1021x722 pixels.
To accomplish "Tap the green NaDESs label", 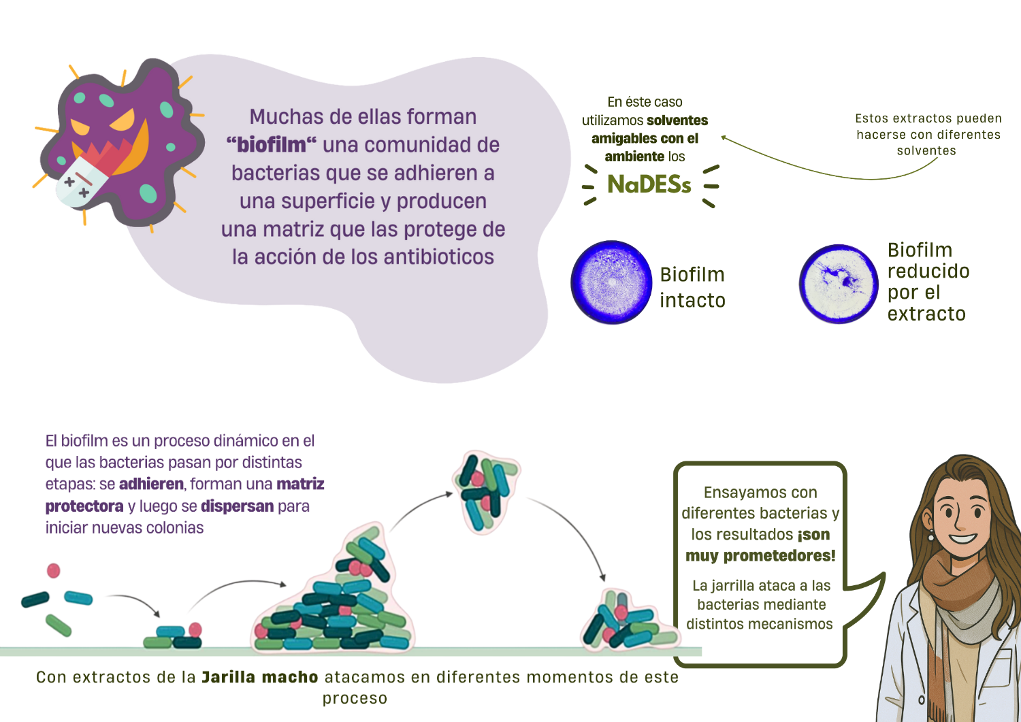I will click(649, 184).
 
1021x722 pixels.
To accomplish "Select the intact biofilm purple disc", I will click(611, 282).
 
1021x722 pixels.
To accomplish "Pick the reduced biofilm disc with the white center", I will click(839, 284).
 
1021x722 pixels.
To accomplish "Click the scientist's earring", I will click(930, 536).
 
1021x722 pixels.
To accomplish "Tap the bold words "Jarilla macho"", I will click(259, 677).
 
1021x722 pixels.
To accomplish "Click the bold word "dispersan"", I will click(237, 506).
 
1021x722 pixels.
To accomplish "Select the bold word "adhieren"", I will click(151, 485).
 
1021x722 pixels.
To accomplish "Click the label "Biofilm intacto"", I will click(692, 287).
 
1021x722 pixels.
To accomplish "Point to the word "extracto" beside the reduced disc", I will click(926, 314).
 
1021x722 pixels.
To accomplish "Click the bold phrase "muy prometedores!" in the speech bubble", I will click(760, 556).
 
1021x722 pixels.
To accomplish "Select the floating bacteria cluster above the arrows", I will click(485, 491).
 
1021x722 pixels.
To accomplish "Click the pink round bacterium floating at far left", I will click(53, 570).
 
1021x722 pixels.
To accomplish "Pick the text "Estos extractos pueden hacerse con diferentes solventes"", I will click(928, 135).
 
